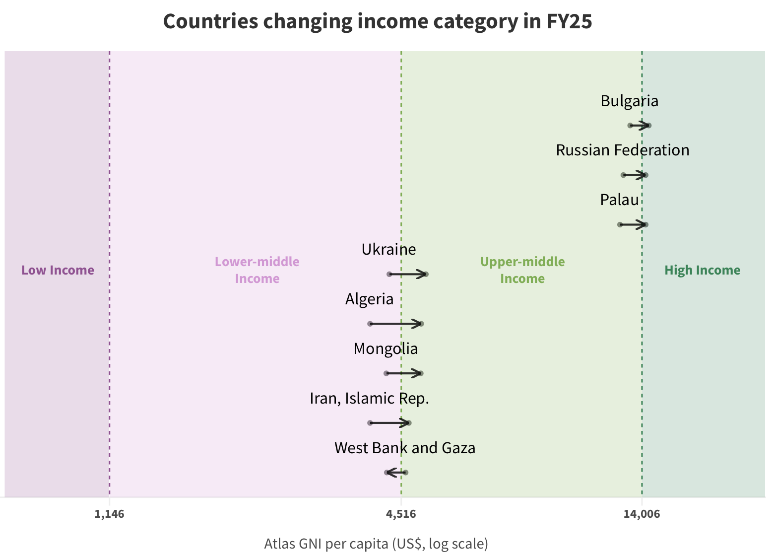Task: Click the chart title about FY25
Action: click(x=378, y=22)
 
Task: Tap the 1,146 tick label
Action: click(x=109, y=514)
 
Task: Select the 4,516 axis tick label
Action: click(x=401, y=514)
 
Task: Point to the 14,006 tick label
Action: click(x=642, y=514)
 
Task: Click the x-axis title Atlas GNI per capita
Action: click(x=376, y=544)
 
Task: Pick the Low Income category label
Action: click(x=58, y=271)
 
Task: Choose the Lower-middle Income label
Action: click(x=257, y=270)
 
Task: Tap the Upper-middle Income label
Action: click(x=522, y=270)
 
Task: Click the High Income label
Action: click(x=702, y=271)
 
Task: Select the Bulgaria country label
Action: click(x=629, y=101)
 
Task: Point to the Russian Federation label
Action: click(x=622, y=150)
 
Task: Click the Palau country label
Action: click(x=619, y=200)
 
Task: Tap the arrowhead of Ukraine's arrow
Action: click(x=424, y=274)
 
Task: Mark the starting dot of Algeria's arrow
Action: click(x=370, y=324)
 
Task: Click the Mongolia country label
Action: click(x=386, y=349)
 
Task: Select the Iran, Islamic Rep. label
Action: click(x=369, y=399)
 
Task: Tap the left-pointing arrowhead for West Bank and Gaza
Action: click(x=388, y=473)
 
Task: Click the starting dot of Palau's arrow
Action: click(x=620, y=225)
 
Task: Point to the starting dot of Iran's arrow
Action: click(x=370, y=423)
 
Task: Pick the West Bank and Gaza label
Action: click(x=405, y=448)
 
